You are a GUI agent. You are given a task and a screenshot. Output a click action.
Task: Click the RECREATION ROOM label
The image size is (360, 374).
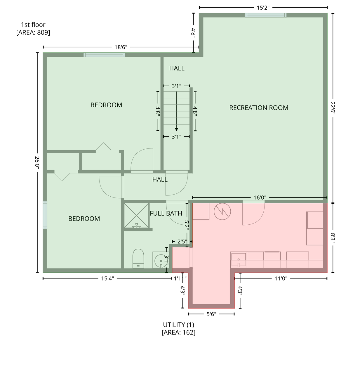(259, 108)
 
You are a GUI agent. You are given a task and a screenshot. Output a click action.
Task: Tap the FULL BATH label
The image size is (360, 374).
(166, 213)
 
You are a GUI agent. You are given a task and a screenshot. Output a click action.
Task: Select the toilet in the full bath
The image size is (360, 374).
(138, 259)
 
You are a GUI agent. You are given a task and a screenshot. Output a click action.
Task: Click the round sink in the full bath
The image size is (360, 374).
(161, 261)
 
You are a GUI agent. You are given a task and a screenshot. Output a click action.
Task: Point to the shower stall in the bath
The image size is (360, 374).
(137, 216)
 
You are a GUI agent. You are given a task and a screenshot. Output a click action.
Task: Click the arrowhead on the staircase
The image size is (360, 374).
(176, 129)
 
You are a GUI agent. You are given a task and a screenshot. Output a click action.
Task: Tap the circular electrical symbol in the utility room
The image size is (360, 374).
(222, 212)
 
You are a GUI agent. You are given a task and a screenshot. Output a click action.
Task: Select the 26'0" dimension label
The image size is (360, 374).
(37, 162)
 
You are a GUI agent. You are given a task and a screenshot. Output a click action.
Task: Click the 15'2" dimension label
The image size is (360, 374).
(263, 8)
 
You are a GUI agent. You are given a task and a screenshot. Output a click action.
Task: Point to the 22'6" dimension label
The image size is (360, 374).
(333, 108)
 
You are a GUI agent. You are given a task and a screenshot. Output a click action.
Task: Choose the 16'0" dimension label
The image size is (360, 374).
(260, 198)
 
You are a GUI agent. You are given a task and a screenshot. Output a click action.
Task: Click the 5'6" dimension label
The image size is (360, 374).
(211, 314)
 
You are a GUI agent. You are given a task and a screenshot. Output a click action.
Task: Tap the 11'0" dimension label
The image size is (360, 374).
(281, 278)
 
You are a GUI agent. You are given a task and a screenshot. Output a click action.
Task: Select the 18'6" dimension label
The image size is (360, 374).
(121, 47)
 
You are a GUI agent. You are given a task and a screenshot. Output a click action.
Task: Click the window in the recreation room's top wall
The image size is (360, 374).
(266, 15)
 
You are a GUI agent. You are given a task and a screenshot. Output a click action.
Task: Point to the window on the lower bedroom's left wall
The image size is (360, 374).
(45, 215)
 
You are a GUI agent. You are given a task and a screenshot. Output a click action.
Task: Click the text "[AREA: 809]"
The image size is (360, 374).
(33, 32)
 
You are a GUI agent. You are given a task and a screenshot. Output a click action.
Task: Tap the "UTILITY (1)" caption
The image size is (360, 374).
(179, 325)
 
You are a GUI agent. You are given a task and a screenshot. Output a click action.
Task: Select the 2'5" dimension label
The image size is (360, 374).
(182, 241)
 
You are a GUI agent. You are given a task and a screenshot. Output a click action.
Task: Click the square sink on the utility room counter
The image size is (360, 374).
(239, 260)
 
